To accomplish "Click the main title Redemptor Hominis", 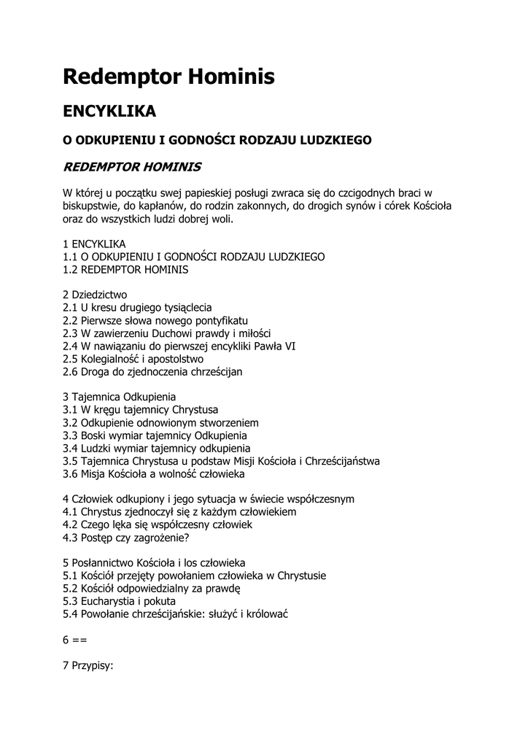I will point(168,76).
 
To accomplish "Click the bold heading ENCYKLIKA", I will point(109,112).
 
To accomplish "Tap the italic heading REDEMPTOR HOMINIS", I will point(133,167).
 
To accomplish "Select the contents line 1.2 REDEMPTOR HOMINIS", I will point(125,269).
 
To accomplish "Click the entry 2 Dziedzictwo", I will point(95,295).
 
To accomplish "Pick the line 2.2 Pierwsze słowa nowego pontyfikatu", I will point(155,321).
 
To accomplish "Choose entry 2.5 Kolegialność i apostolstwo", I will point(133,359).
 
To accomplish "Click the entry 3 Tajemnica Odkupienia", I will point(119,398).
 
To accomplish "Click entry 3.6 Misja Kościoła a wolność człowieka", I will point(153,474).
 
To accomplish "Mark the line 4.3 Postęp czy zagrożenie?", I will point(125,538).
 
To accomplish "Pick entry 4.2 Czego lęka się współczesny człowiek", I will point(157,525).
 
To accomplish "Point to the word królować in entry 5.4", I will point(268,614).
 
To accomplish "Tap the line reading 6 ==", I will point(75,640).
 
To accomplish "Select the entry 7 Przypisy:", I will point(88,665).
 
